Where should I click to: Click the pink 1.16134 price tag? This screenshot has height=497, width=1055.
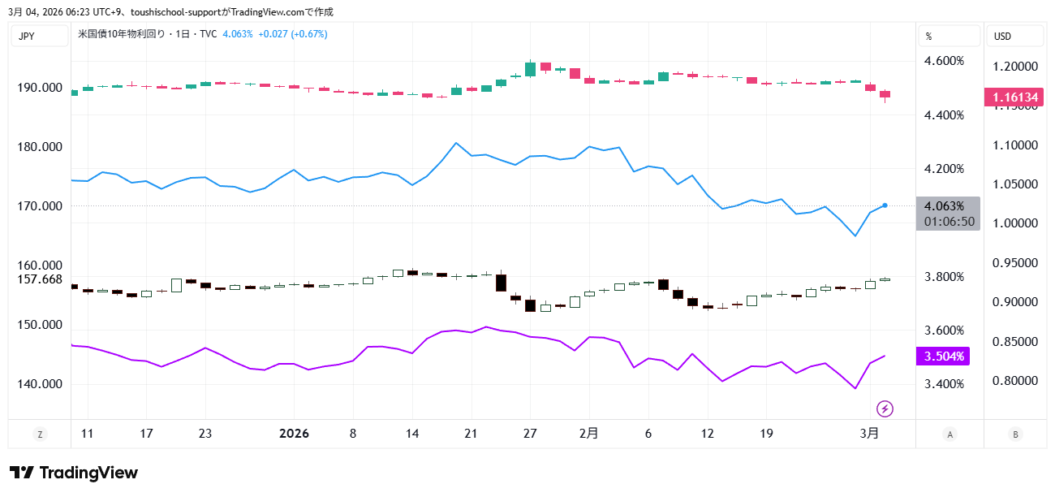pyautogui.click(x=1015, y=97)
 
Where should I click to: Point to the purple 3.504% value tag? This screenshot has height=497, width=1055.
pyautogui.click(x=942, y=357)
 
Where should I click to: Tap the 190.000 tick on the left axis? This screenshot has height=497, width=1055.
pyautogui.click(x=41, y=88)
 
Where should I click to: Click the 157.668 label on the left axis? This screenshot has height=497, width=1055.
pyautogui.click(x=41, y=279)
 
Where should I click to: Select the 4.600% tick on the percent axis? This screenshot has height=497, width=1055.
pyautogui.click(x=945, y=61)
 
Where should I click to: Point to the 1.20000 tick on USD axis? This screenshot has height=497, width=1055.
pyautogui.click(x=1015, y=66)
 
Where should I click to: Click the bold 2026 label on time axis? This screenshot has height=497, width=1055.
pyautogui.click(x=294, y=434)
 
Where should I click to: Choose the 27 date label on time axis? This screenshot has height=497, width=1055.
pyautogui.click(x=530, y=434)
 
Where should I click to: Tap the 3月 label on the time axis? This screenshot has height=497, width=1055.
pyautogui.click(x=869, y=434)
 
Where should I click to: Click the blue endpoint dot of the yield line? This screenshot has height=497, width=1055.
pyautogui.click(x=885, y=205)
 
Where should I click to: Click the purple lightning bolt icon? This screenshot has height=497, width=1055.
pyautogui.click(x=885, y=408)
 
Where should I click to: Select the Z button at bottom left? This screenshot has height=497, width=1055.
pyautogui.click(x=40, y=434)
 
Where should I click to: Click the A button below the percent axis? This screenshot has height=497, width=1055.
pyautogui.click(x=949, y=434)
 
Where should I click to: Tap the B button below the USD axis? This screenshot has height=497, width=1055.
pyautogui.click(x=1014, y=434)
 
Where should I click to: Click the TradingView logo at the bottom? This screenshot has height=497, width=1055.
pyautogui.click(x=74, y=473)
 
